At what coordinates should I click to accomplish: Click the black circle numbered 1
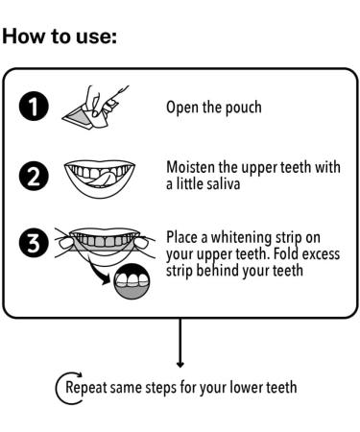pyautogui.click(x=34, y=106)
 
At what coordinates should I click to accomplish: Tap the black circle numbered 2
pyautogui.click(x=34, y=176)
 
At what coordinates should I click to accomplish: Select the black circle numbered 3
pyautogui.click(x=34, y=242)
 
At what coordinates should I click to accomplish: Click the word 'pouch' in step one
pyautogui.click(x=244, y=108)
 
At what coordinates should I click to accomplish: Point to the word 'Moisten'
pyautogui.click(x=191, y=167)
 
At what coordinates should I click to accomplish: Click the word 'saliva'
pyautogui.click(x=224, y=184)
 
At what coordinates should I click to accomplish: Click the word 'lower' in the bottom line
pyautogui.click(x=247, y=387)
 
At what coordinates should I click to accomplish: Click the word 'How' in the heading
pyautogui.click(x=23, y=36)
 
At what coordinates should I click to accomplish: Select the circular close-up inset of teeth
pyautogui.click(x=132, y=281)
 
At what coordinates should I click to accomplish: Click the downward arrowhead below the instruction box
pyautogui.click(x=180, y=364)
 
